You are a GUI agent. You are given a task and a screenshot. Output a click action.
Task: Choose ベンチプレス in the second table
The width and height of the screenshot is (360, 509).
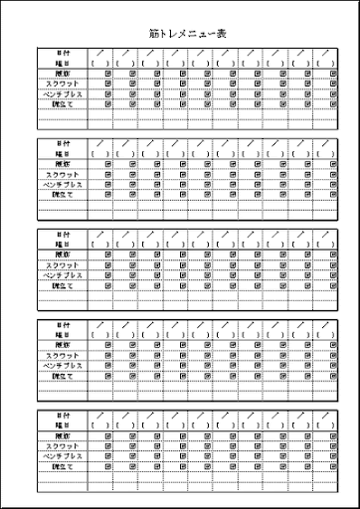coord(63,185)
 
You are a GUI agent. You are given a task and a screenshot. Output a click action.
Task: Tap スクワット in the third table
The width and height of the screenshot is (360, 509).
coord(63,266)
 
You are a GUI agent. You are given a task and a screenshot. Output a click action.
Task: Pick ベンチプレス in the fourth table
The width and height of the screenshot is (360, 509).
coord(63,366)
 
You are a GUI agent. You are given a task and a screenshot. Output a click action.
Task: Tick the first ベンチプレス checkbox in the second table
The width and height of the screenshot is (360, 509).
coord(106,185)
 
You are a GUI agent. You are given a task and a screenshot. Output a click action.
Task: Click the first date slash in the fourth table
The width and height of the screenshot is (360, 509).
coord(100,325)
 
